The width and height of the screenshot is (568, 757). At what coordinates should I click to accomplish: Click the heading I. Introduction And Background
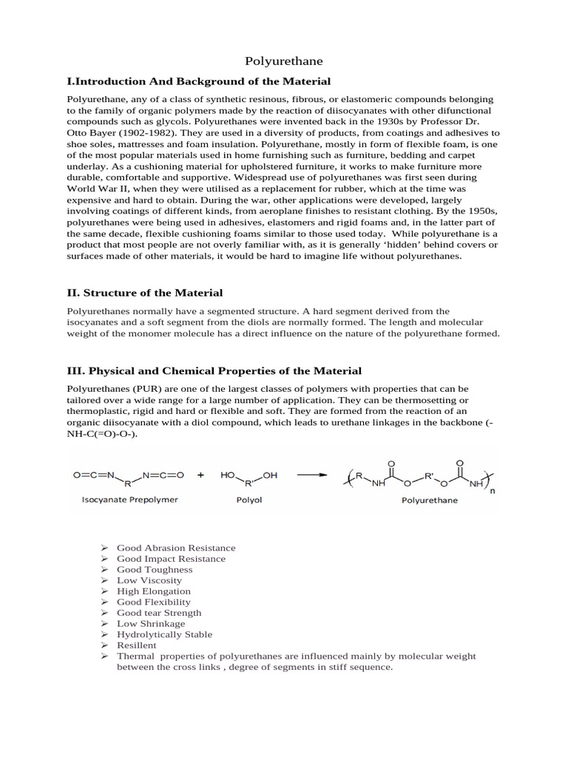(199, 81)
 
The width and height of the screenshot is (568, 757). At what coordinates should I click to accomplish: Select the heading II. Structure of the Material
(145, 293)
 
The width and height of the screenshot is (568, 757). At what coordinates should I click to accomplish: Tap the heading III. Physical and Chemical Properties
(214, 370)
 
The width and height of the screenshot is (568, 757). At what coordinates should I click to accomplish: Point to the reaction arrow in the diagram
(312, 475)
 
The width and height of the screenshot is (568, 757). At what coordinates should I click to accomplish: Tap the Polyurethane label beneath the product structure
(430, 500)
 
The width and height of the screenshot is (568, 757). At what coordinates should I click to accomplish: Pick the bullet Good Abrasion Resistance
(176, 548)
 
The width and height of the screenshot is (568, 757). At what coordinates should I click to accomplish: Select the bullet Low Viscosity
(149, 580)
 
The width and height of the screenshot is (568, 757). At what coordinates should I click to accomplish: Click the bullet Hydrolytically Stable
(164, 634)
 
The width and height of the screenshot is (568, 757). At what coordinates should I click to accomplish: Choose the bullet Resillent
(137, 645)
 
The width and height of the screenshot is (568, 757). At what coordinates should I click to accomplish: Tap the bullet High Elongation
(154, 591)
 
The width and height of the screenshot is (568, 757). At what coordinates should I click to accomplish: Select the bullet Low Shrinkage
(151, 624)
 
